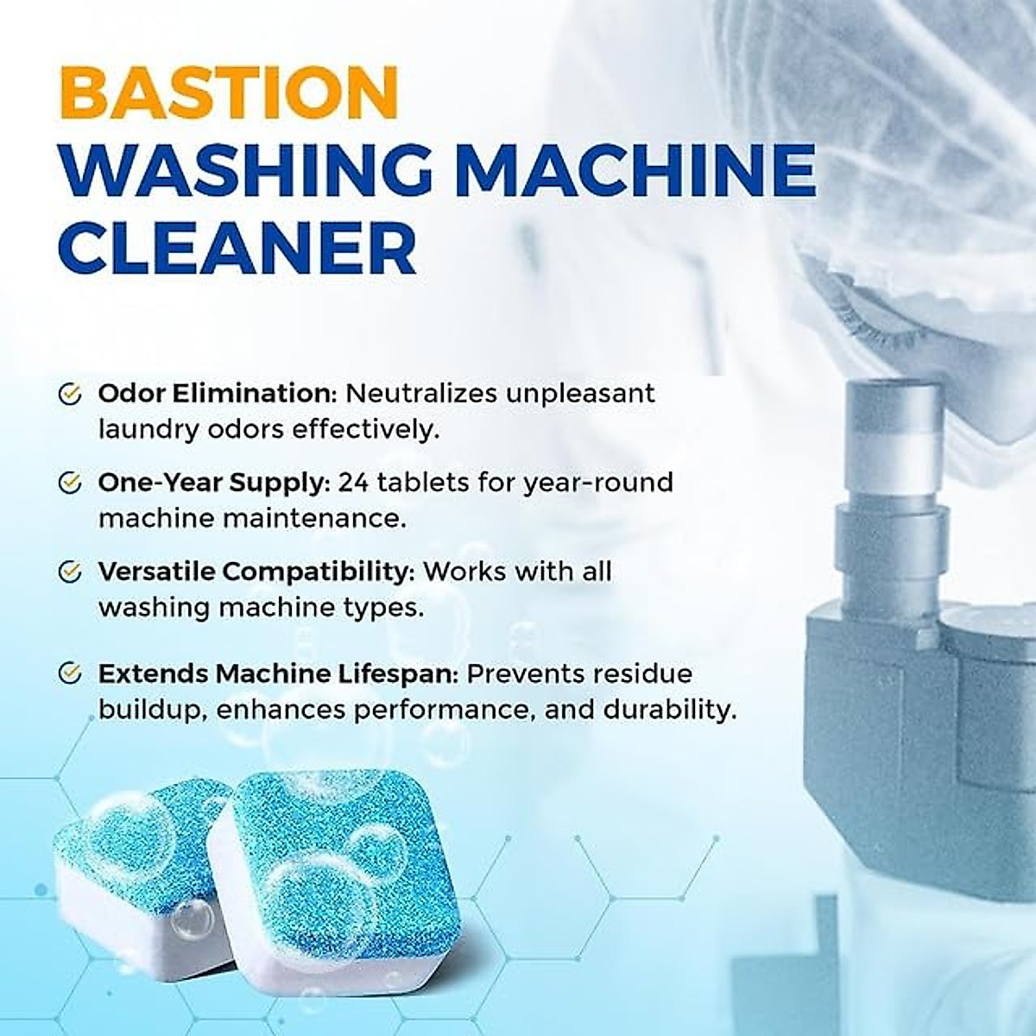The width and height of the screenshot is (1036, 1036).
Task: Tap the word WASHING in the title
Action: click(245, 171)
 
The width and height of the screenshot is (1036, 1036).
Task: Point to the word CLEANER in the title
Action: click(237, 247)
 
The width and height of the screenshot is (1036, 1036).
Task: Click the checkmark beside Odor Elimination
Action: click(69, 394)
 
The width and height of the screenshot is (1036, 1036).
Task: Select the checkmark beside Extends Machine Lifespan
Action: click(69, 673)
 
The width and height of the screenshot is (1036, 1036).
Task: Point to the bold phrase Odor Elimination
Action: click(216, 394)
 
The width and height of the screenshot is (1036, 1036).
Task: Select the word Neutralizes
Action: click(420, 394)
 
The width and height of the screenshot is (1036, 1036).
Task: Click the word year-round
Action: click(597, 482)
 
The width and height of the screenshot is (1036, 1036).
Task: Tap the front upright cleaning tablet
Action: click(337, 872)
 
